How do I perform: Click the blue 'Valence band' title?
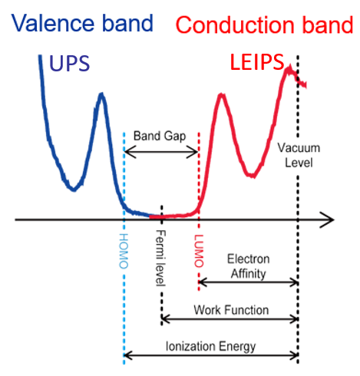pos(82,23)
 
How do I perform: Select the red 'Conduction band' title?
pos(264,25)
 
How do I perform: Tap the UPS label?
pos(69,63)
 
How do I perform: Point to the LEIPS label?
pos(257,61)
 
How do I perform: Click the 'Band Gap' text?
pos(160,136)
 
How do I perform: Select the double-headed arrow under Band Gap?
pos(161,152)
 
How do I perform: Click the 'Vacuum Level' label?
pos(299,155)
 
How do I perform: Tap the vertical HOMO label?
pos(124,251)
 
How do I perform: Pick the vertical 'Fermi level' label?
pos(161,258)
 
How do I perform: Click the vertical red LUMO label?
pos(199,251)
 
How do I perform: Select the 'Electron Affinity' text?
pos(249,266)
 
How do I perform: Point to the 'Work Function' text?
pos(231,310)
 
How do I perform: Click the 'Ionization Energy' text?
pos(210,347)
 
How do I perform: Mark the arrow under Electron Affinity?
pos(249,282)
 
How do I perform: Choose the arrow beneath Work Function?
pos(230,319)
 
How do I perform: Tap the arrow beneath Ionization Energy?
pos(211,355)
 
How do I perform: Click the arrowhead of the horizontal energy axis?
pos(329,219)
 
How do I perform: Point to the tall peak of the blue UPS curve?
pos(102,94)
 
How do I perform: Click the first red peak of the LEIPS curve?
pos(221,95)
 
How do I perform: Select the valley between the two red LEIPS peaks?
pos(252,176)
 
